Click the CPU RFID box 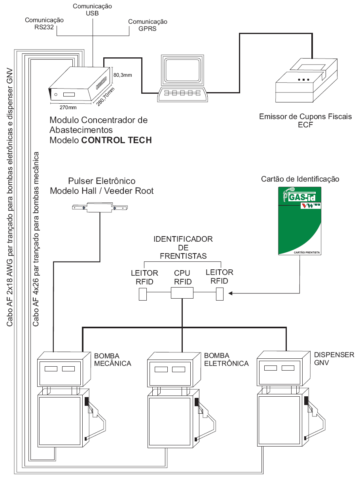[x=182, y=293]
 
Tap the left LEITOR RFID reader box [x=143, y=294]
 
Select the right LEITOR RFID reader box [x=220, y=294]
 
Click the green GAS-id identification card [x=299, y=221]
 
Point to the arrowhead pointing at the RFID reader [x=230, y=293]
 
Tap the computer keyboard [x=182, y=94]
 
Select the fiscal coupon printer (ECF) [x=306, y=80]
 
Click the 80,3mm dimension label [x=123, y=75]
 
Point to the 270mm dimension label [x=68, y=107]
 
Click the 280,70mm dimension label [x=105, y=96]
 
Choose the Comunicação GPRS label [x=148, y=25]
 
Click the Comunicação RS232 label [x=44, y=23]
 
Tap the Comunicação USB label [x=92, y=9]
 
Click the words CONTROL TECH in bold [x=116, y=140]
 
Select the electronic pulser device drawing [x=100, y=208]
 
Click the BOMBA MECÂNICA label [x=112, y=360]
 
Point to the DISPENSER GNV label [x=334, y=359]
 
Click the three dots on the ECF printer [x=303, y=79]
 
